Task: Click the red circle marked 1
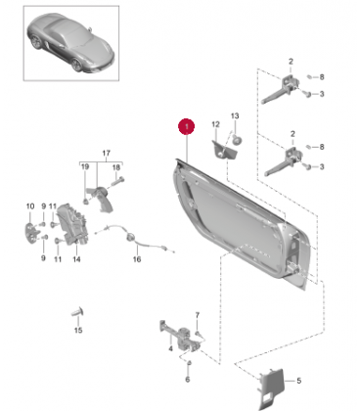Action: [x=186, y=126]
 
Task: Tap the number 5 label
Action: [x=298, y=381]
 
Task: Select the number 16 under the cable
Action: [x=137, y=259]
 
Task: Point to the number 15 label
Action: [x=78, y=330]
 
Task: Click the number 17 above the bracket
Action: [x=107, y=153]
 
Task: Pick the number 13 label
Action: [x=235, y=115]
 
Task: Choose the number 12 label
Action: [x=215, y=124]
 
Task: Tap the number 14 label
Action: [x=76, y=259]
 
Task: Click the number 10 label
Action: [x=30, y=206]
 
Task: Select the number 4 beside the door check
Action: [x=170, y=349]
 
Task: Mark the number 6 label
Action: [x=188, y=380]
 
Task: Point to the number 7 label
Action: [x=197, y=315]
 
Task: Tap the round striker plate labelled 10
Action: [x=31, y=233]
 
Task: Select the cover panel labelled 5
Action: [x=271, y=388]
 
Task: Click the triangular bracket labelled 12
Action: [x=223, y=150]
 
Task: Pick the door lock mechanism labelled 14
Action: [x=72, y=225]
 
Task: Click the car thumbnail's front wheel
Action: [x=77, y=64]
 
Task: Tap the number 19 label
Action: [x=85, y=167]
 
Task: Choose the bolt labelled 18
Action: [x=118, y=180]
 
